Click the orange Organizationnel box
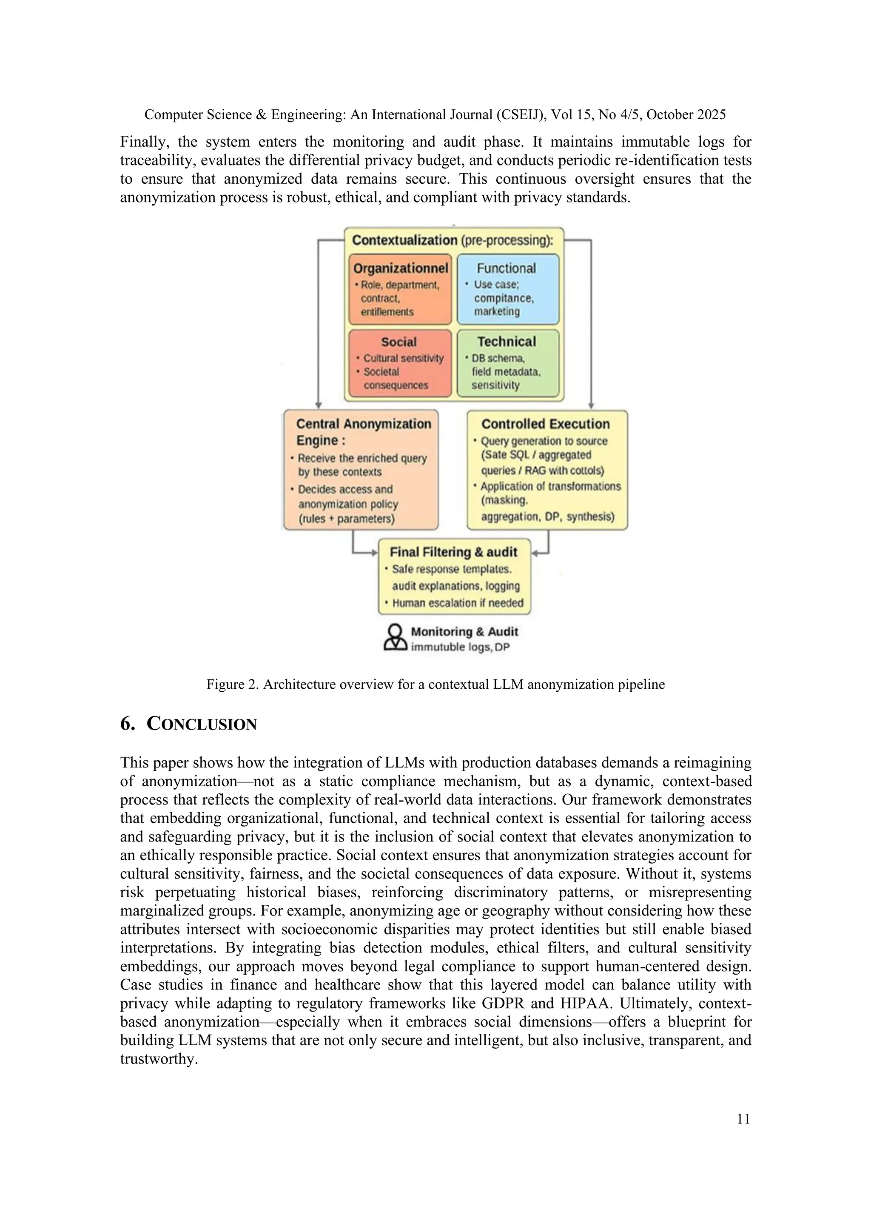click(x=400, y=290)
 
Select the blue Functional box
click(x=507, y=290)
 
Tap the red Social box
click(x=400, y=363)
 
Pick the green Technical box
click(x=507, y=363)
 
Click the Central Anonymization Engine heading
click(x=363, y=432)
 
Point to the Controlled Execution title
click(x=546, y=424)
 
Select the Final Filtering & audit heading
click(x=453, y=552)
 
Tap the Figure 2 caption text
click(x=435, y=684)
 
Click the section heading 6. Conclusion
click(x=188, y=724)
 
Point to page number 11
click(x=743, y=1119)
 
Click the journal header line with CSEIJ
click(x=435, y=115)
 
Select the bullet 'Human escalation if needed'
click(x=457, y=603)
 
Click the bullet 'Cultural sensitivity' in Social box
click(x=403, y=359)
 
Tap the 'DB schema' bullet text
click(x=498, y=359)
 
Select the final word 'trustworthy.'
click(x=159, y=1059)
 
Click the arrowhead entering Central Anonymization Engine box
click(x=319, y=406)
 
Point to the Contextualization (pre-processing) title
click(x=452, y=240)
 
